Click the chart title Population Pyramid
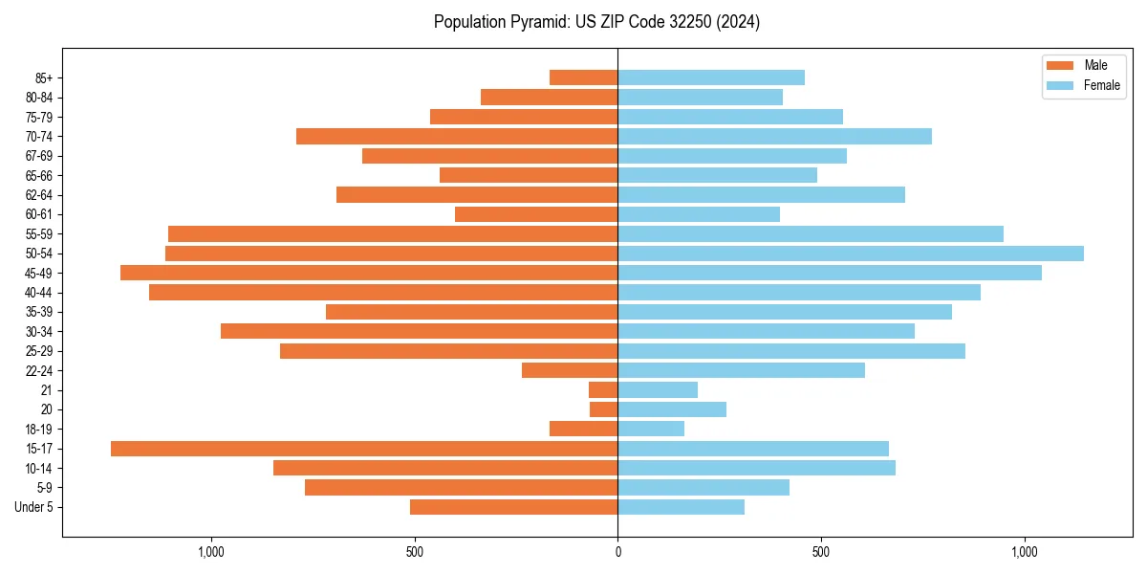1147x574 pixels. tap(596, 22)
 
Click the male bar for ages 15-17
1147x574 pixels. tap(364, 449)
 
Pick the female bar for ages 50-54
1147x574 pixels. tap(851, 254)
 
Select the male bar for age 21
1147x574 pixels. tap(603, 389)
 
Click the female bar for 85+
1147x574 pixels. tap(711, 77)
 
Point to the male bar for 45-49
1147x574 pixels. tap(369, 273)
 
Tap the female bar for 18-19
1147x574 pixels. tap(651, 429)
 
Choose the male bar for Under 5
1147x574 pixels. tap(514, 507)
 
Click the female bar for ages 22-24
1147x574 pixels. tap(742, 370)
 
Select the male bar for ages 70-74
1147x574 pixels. tap(457, 136)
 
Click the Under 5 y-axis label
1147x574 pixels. tap(33, 507)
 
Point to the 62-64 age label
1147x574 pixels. tap(39, 195)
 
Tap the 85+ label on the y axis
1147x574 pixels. tap(43, 77)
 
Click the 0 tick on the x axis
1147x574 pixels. tap(617, 552)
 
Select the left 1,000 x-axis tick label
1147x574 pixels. tap(210, 552)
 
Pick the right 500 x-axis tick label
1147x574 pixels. tap(821, 552)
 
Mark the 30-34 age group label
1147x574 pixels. tap(39, 331)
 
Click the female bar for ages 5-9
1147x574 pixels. tap(703, 487)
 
